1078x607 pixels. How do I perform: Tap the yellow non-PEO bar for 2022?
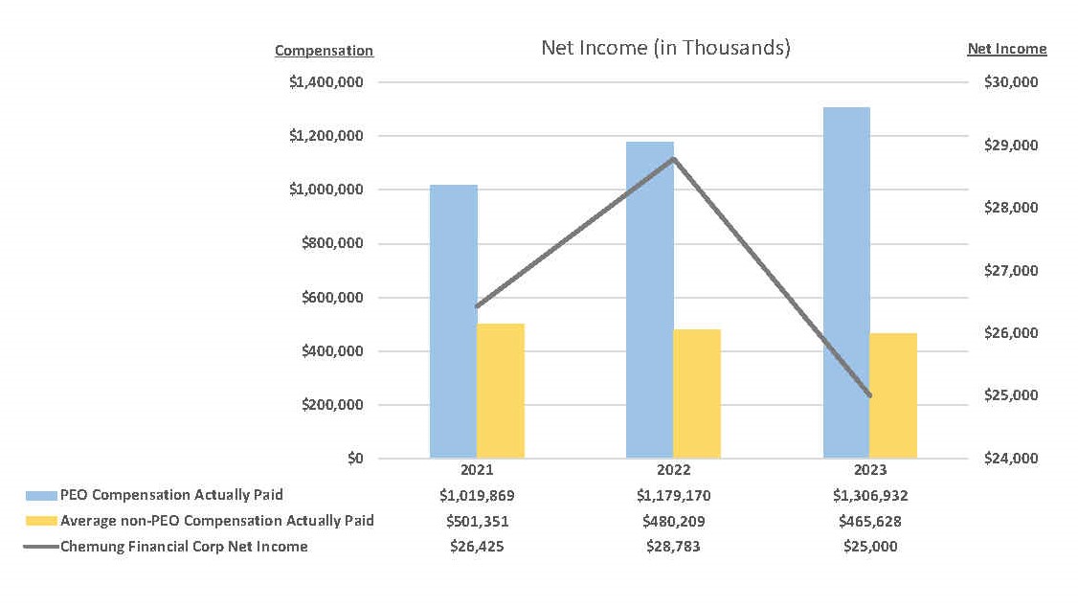click(697, 393)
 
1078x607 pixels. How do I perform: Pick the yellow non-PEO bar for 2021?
click(501, 391)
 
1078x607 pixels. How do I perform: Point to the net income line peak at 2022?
click(674, 159)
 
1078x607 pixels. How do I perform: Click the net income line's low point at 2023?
click(870, 395)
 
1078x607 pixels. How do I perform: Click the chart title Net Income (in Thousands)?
click(665, 48)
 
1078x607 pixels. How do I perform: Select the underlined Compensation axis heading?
click(324, 51)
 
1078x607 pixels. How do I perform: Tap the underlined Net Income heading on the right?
click(1007, 49)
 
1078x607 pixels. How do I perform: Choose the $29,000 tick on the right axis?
click(1011, 146)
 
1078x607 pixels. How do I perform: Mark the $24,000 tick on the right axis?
click(1011, 459)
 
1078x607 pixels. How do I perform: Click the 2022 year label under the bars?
click(674, 470)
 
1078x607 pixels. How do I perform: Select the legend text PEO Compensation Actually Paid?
click(171, 495)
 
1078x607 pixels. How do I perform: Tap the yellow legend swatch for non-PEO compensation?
click(42, 522)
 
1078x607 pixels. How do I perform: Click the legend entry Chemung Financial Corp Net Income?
click(184, 547)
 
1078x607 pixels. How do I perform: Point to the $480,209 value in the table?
click(674, 522)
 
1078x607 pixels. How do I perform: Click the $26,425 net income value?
click(477, 547)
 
